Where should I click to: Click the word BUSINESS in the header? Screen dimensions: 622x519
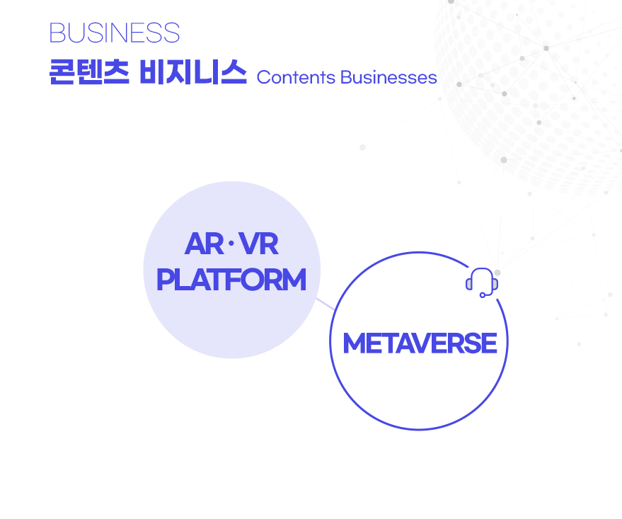[115, 33]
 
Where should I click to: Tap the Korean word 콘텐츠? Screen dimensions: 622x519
[89, 72]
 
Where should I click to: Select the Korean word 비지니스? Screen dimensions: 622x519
[193, 72]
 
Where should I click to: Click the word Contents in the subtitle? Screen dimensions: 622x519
[296, 77]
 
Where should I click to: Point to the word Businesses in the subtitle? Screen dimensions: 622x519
[388, 77]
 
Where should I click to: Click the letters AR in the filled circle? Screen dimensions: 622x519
[205, 244]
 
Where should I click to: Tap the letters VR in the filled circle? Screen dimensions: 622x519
[259, 244]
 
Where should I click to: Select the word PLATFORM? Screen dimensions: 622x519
[231, 280]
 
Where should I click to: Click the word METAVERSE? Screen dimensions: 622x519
[420, 343]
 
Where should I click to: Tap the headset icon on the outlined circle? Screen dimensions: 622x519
[482, 283]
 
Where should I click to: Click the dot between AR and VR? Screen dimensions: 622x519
[231, 244]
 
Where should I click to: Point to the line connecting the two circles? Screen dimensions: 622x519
[326, 304]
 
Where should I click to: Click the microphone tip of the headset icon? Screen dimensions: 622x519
[483, 295]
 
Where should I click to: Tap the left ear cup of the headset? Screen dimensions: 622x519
[469, 284]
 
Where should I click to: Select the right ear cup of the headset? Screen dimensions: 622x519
[495, 284]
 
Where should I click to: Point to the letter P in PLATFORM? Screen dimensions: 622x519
[165, 280]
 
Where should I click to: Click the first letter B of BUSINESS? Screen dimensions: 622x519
[56, 33]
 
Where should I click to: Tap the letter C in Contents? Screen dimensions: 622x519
[263, 77]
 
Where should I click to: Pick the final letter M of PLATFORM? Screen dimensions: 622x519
[295, 280]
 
